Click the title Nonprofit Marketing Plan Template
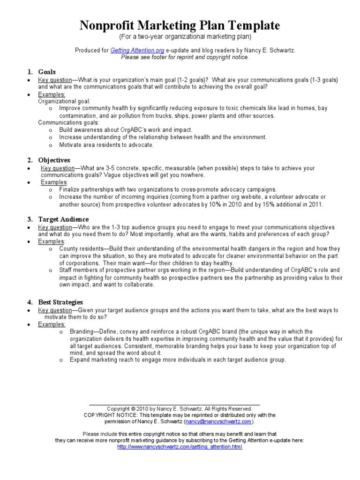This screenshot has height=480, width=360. (x=180, y=25)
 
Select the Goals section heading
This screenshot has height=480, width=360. (x=47, y=72)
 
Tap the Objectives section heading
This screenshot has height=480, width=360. (x=54, y=160)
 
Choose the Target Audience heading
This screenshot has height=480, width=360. (x=63, y=219)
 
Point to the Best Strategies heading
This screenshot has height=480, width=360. (x=60, y=302)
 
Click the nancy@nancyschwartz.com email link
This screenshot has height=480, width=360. (x=218, y=421)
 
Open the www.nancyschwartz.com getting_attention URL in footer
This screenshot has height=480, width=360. (x=180, y=447)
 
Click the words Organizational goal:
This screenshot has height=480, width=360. (x=64, y=101)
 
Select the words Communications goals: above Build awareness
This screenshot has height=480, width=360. (x=68, y=122)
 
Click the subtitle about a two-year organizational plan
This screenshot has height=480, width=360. (x=180, y=37)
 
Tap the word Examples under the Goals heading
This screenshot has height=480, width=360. (x=52, y=94)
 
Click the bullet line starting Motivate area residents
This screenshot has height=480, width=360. (x=106, y=145)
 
